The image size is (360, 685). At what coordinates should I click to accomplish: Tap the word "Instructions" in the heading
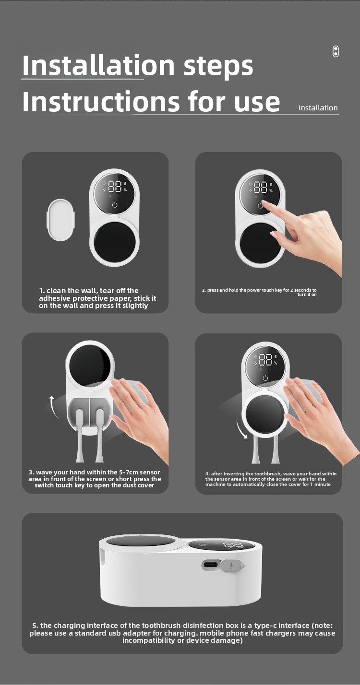click(101, 101)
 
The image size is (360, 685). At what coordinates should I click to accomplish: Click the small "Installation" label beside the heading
click(318, 107)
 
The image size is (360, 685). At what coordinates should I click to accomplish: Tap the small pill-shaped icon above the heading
click(336, 51)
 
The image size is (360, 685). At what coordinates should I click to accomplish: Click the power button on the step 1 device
click(115, 204)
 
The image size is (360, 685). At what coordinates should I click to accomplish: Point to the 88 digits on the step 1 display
click(115, 187)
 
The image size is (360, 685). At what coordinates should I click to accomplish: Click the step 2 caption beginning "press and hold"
click(259, 292)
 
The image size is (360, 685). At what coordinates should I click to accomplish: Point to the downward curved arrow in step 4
click(240, 428)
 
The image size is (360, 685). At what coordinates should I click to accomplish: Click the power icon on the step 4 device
click(265, 378)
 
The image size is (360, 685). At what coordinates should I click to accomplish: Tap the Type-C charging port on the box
click(211, 564)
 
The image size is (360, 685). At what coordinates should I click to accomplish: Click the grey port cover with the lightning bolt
click(232, 566)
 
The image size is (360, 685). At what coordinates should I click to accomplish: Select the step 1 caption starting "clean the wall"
click(97, 298)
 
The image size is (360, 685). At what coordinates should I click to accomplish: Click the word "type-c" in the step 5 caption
click(265, 626)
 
